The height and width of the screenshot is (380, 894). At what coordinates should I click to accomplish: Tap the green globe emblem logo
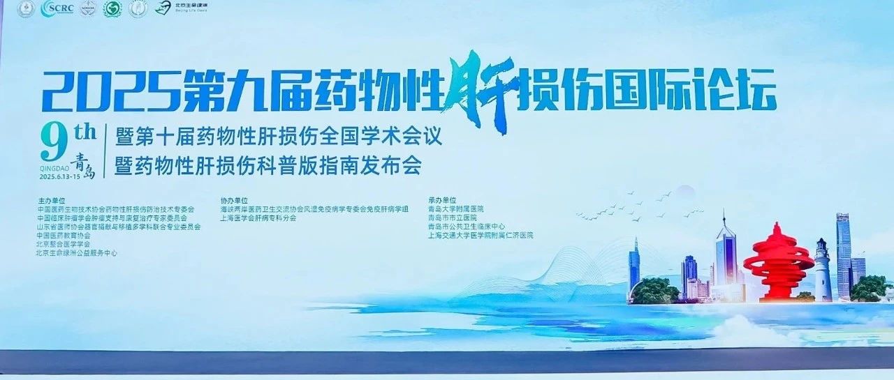[112, 8]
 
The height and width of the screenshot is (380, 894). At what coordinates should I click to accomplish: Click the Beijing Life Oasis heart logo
[163, 8]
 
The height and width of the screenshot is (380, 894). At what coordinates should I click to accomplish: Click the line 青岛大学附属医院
[455, 208]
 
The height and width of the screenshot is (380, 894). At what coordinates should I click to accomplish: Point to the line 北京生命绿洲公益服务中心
[76, 253]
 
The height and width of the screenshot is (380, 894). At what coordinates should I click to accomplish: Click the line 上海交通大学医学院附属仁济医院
[481, 236]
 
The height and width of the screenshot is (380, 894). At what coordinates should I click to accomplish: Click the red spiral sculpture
[777, 261]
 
